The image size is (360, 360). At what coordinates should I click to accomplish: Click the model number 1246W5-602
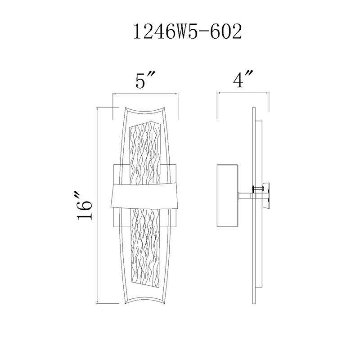[x=188, y=32]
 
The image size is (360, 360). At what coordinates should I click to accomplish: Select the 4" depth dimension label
[x=243, y=79]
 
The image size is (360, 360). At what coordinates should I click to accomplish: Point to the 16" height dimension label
[x=85, y=206]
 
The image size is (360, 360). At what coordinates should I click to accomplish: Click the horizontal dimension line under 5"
[x=145, y=94]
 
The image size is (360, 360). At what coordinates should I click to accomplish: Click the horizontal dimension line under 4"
[x=243, y=93]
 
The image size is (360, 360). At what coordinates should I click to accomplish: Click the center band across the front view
[x=145, y=195]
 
